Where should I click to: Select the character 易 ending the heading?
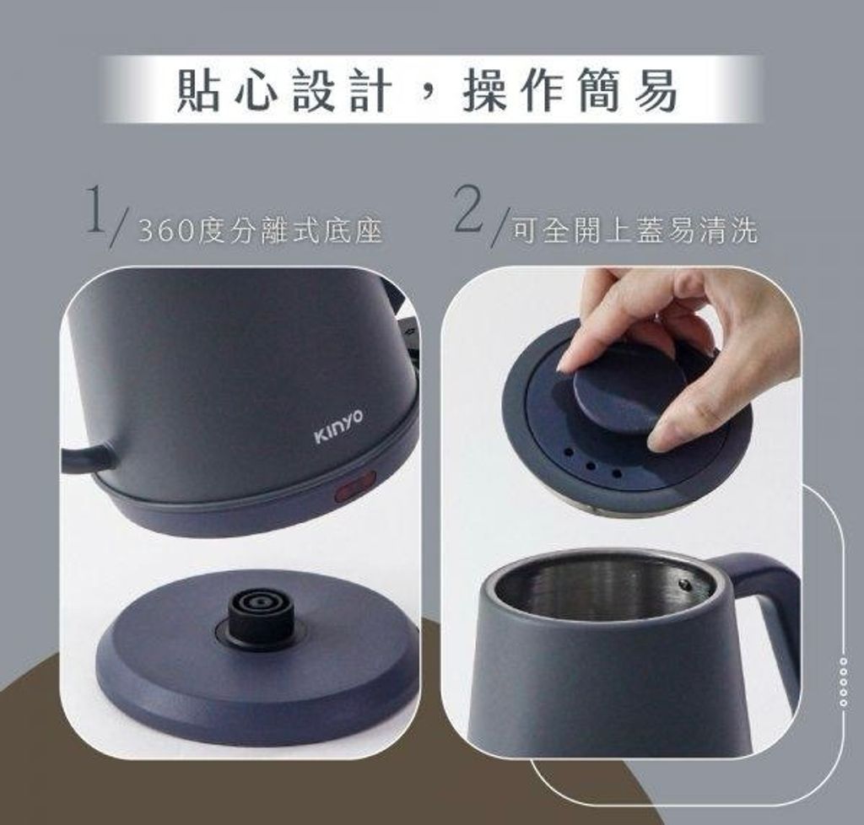coord(655,91)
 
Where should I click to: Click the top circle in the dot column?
coord(843,660)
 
